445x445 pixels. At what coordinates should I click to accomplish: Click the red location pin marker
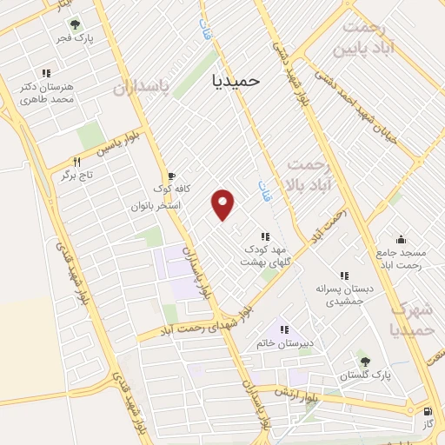(224, 203)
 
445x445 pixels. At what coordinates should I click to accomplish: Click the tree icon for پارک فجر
(75, 24)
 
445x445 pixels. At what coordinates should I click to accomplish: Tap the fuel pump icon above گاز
(426, 411)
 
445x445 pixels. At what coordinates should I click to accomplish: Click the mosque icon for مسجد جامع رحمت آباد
(400, 239)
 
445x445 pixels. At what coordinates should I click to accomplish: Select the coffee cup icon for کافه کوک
(170, 176)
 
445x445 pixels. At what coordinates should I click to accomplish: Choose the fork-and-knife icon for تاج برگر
(77, 162)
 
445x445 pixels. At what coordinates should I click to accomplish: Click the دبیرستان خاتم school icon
(283, 329)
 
